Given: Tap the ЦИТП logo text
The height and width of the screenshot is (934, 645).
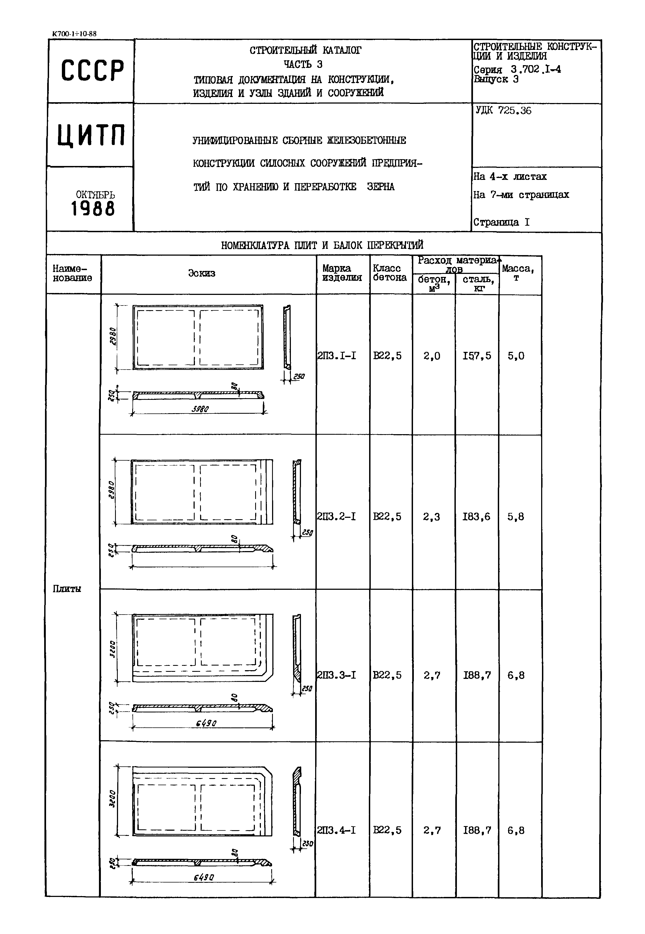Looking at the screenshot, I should [91, 135].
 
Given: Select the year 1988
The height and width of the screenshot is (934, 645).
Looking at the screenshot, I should [93, 209].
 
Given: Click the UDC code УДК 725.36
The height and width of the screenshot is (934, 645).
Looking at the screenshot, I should [503, 111].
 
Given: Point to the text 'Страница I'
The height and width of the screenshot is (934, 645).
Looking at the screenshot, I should [501, 222].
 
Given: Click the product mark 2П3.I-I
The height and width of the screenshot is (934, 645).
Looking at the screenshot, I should [337, 356].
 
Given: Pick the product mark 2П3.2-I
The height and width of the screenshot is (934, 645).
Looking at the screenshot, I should [337, 517].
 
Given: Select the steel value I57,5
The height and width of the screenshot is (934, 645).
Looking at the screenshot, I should [477, 356].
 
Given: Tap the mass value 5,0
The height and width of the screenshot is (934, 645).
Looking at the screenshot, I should [516, 356].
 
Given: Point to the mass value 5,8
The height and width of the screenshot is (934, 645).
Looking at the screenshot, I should [516, 517].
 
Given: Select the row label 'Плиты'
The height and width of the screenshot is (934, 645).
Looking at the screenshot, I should [67, 589].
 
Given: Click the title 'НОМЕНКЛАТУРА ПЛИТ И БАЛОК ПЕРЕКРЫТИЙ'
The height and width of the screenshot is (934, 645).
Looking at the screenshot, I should [322, 245].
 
